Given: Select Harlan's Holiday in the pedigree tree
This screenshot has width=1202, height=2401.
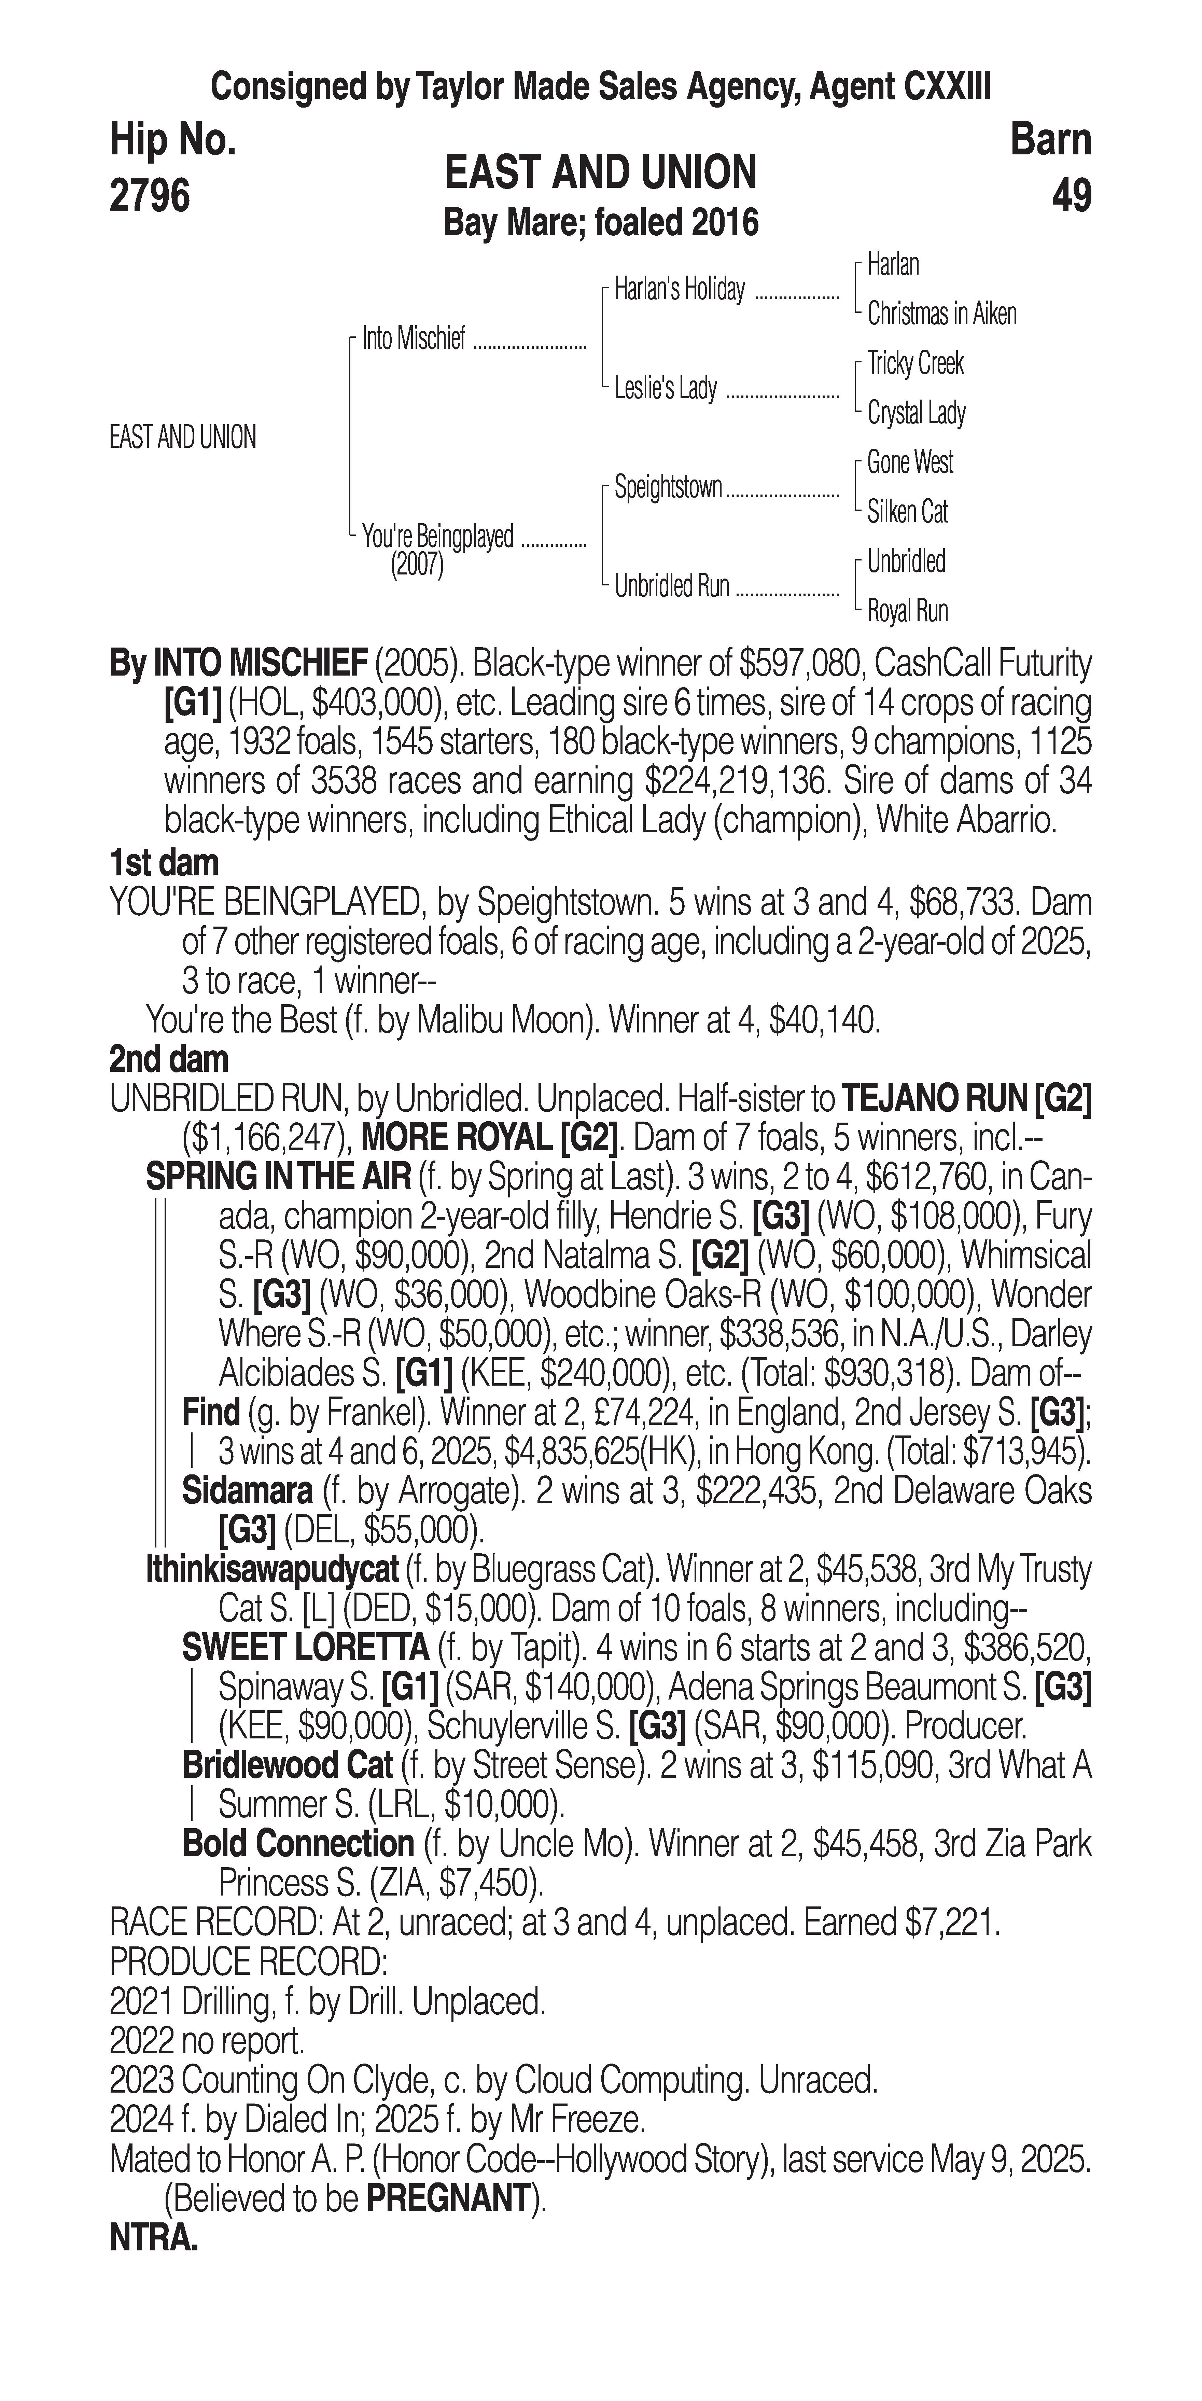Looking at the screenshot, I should pos(679,290).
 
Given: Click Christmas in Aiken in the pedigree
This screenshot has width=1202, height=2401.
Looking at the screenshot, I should pos(941,314).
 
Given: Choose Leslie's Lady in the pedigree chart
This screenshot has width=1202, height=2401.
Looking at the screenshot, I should pos(665,388).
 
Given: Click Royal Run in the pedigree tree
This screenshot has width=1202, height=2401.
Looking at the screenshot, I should pos(907,611).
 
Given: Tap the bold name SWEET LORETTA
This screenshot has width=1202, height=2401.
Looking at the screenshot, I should pos(305,1648).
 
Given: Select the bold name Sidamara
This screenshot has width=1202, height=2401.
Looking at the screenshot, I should pos(247,1491).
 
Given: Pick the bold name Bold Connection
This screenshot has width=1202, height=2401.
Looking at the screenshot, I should pos(297,1844).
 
